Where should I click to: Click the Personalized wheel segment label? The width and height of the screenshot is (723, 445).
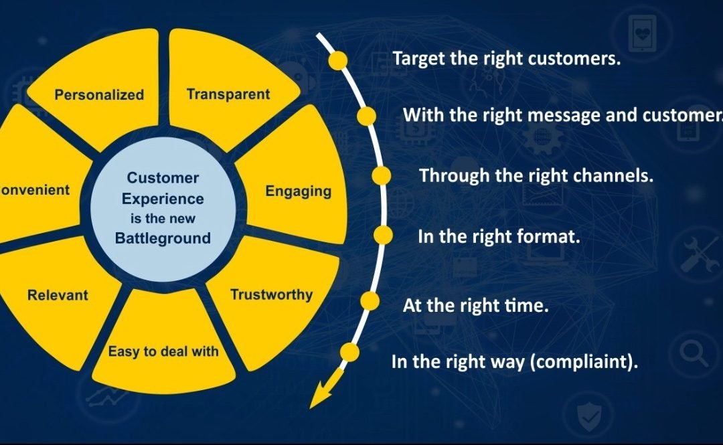pyautogui.click(x=99, y=95)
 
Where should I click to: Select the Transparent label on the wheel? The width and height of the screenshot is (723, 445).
pyautogui.click(x=228, y=94)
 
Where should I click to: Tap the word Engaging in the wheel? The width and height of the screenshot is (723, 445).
pyautogui.click(x=298, y=191)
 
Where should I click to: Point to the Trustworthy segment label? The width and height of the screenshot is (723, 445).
pyautogui.click(x=271, y=294)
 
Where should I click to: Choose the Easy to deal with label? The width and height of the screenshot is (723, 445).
pyautogui.click(x=163, y=351)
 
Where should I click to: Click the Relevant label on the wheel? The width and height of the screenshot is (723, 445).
pyautogui.click(x=58, y=294)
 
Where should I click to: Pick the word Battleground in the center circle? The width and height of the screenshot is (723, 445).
pyautogui.click(x=163, y=238)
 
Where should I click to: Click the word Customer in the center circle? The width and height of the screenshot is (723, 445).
pyautogui.click(x=163, y=178)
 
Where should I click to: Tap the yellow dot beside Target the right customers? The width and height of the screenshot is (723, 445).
pyautogui.click(x=338, y=60)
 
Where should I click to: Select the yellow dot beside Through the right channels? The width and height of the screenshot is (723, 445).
pyautogui.click(x=381, y=176)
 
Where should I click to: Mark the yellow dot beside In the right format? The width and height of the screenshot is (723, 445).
pyautogui.click(x=382, y=235)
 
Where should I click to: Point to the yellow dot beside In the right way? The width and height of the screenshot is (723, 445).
pyautogui.click(x=349, y=351)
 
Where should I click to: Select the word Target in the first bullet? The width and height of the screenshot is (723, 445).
pyautogui.click(x=415, y=59)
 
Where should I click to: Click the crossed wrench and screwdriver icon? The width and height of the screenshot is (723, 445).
pyautogui.click(x=699, y=254)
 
